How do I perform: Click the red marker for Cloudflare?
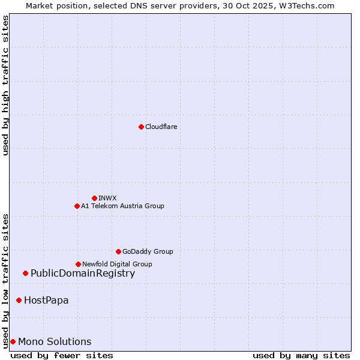pos(141,127)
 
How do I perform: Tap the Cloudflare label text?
pos(161,127)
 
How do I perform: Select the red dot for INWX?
pos(94,198)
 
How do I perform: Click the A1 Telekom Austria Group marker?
pos(77,206)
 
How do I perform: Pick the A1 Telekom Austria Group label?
pos(122,206)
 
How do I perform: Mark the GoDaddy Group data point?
pos(118,251)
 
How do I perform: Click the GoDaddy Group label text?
pos(148,251)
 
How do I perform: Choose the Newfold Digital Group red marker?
pos(78,264)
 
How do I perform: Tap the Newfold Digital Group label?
pos(117,264)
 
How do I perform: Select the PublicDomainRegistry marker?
pos(25,274)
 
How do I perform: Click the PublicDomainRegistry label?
pos(83,274)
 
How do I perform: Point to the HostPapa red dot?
pos(19,300)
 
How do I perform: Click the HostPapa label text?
pos(46,300)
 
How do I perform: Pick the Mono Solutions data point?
pos(13,341)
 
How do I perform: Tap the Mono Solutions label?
pos(55,341)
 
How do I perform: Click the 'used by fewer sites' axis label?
pos(62,355)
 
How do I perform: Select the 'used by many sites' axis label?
pos(301,355)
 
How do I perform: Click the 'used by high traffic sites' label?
pos(5,85)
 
